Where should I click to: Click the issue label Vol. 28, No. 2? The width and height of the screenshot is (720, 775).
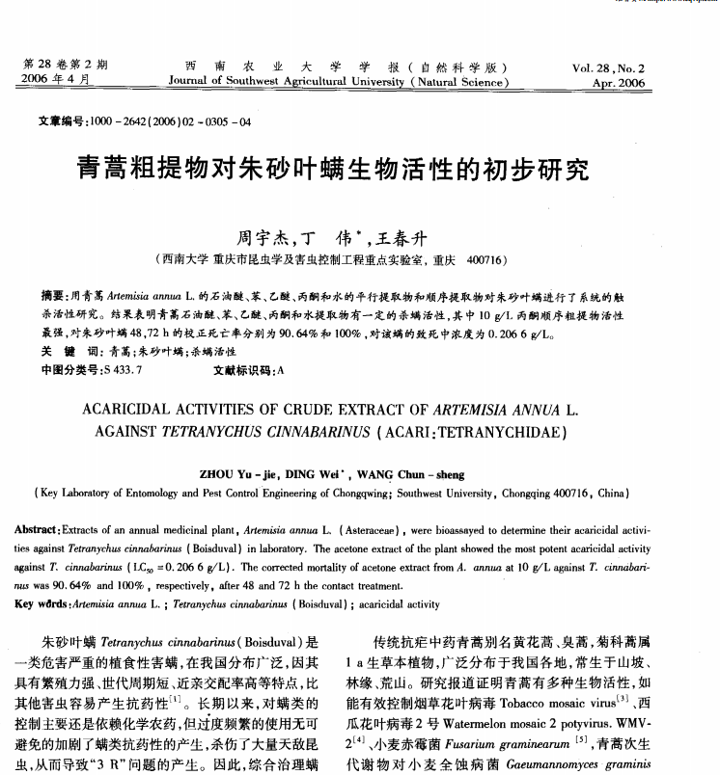pos(607,69)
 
